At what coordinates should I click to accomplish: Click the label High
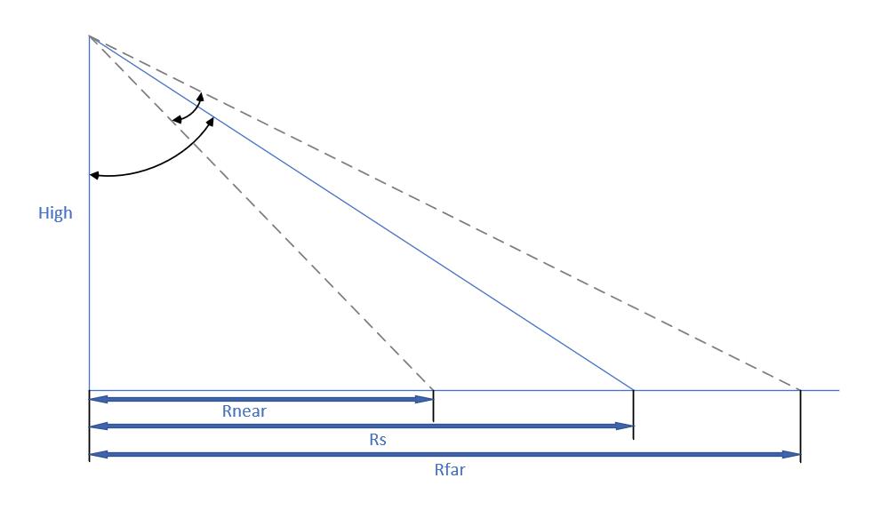point(55,213)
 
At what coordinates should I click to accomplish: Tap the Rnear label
point(244,411)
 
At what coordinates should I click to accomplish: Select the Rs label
point(378,439)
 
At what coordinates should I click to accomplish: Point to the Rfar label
point(449,469)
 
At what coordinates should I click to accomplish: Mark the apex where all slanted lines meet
point(90,36)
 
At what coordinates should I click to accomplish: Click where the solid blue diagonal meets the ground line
point(633,390)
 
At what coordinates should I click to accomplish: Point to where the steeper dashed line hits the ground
point(433,390)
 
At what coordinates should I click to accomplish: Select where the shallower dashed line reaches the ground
point(800,390)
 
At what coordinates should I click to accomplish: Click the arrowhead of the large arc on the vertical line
point(94,175)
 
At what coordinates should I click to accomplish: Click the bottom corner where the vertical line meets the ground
point(90,390)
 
